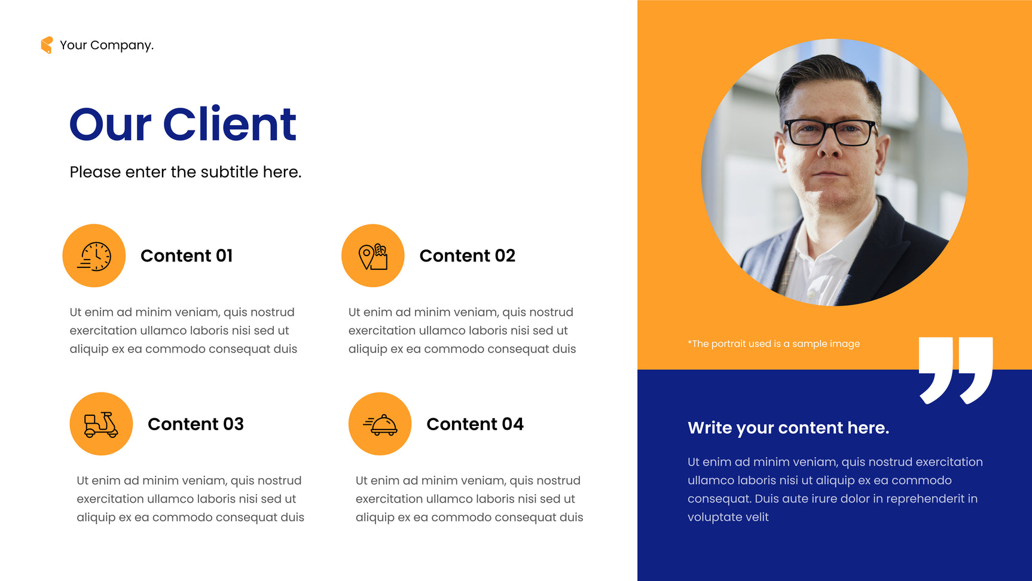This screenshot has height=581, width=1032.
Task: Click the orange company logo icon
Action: pos(47,45)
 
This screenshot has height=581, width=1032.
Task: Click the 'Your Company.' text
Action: pos(106,45)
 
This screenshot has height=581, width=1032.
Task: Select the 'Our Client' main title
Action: pos(183,124)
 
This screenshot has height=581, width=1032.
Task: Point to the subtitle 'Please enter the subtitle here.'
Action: pos(185,172)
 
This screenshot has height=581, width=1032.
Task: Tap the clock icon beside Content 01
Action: pos(94,256)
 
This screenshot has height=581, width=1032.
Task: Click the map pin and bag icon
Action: pos(373,256)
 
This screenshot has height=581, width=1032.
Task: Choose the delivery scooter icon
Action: pos(101,424)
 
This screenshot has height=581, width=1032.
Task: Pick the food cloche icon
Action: pos(380,424)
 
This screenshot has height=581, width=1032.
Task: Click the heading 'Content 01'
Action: pos(187,256)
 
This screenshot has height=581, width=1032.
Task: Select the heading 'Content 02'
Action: pos(468,256)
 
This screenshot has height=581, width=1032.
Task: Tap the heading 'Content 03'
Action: pos(196,424)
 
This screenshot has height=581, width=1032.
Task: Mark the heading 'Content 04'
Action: pos(475,424)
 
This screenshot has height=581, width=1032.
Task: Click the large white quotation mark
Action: pos(956,370)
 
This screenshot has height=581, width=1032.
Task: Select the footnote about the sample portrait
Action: pos(774,344)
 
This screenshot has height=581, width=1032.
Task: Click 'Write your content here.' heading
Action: pos(789,428)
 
